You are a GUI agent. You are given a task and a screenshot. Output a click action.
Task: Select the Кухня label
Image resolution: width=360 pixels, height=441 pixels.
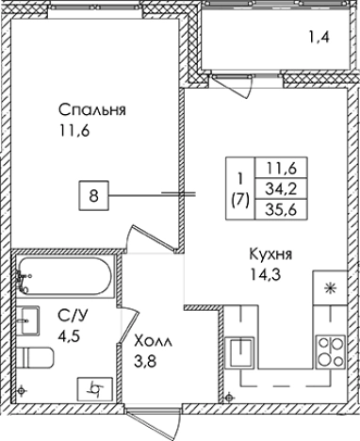(x=269, y=254)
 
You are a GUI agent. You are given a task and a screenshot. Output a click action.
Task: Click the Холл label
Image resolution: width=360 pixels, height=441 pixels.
(x=153, y=339)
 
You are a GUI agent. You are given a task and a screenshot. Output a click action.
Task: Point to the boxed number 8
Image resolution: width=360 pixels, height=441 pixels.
(x=93, y=197)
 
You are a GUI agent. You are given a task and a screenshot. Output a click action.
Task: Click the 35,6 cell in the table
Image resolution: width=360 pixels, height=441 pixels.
(x=282, y=210)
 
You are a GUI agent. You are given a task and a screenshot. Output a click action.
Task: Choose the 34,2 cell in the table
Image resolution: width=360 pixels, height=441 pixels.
(x=282, y=189)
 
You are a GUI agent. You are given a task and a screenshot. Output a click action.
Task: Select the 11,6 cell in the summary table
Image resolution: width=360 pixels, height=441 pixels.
(x=282, y=169)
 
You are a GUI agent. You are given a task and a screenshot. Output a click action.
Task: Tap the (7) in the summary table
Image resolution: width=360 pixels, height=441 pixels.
(x=239, y=200)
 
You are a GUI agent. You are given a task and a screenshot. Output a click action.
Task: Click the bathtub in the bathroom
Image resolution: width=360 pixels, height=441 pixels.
(x=65, y=276)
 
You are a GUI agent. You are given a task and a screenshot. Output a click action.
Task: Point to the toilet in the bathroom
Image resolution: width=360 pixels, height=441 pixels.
(x=37, y=358)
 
